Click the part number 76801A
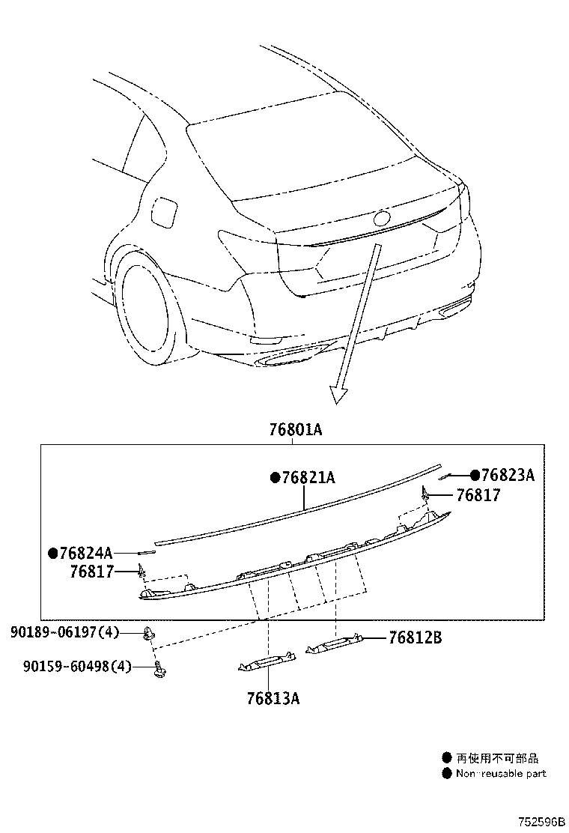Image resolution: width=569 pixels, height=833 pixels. pos(296,430)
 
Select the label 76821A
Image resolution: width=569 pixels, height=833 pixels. pos(308,477)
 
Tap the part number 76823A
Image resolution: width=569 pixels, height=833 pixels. pos(508,475)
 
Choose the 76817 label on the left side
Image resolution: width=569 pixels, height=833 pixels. pos(92,572)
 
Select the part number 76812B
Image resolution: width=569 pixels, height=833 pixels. pos(415,637)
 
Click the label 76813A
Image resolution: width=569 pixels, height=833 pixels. pos(273,698)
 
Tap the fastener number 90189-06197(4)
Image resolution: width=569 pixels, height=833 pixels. pos(65,633)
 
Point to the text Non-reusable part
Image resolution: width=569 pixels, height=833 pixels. pos(501,773)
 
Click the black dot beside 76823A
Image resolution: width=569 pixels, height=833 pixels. pos(475,475)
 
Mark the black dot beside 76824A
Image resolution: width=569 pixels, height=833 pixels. pos(52,554)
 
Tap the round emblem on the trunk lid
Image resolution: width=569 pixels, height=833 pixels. pos(382,219)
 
